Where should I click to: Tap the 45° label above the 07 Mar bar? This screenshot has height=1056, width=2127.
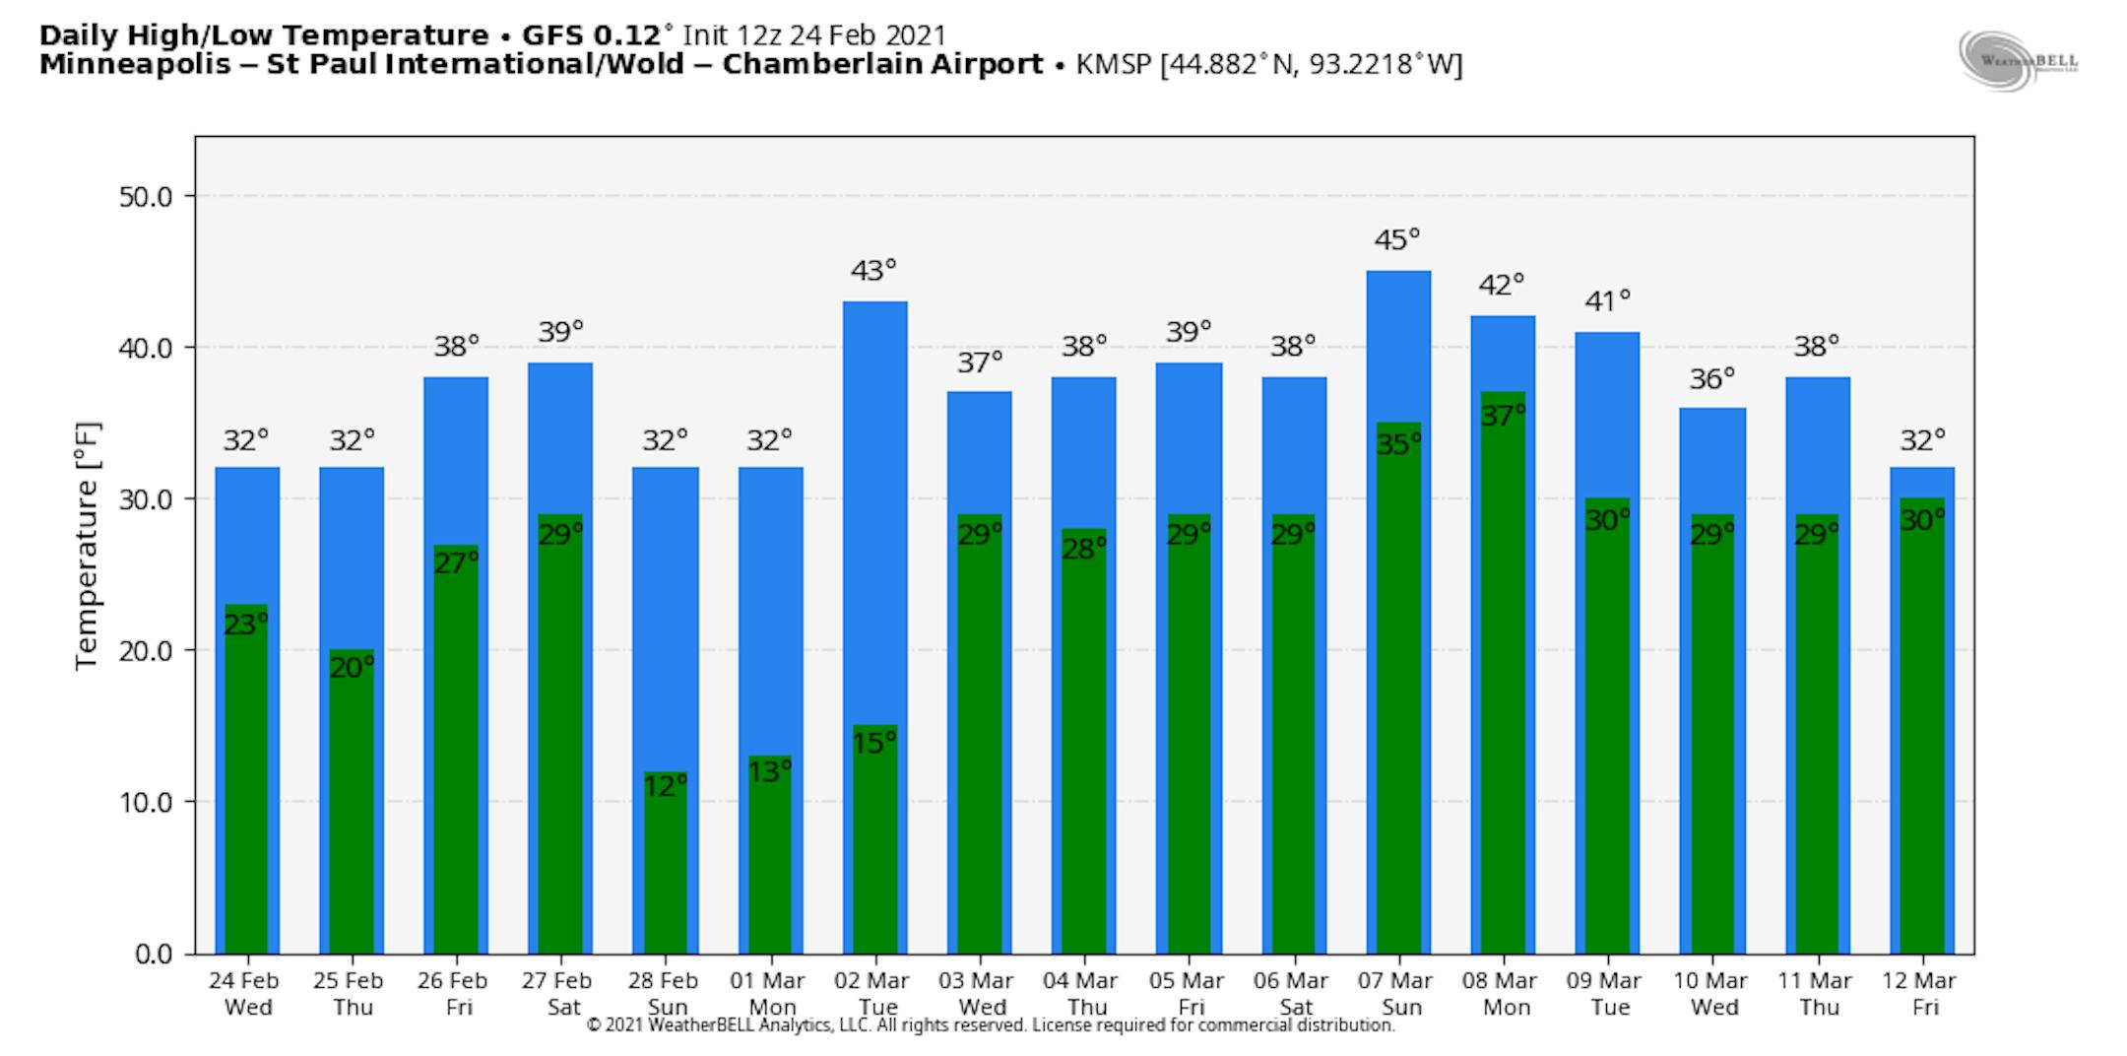(1397, 240)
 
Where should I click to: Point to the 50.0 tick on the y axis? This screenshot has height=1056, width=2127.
(145, 197)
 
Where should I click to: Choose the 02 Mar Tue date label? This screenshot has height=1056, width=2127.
(871, 994)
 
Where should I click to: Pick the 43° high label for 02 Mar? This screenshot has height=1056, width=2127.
(873, 271)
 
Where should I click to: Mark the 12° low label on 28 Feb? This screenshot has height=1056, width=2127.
(665, 786)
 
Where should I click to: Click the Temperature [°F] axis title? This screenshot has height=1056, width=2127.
(87, 546)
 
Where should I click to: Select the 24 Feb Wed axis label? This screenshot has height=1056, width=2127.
(243, 994)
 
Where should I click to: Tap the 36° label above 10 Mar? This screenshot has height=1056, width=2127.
(1712, 379)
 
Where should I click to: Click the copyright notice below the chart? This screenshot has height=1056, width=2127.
(990, 1025)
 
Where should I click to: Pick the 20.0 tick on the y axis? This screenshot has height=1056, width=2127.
(145, 651)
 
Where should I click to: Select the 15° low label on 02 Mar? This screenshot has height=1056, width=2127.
(873, 743)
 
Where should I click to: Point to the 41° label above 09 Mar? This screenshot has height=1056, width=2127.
(1607, 300)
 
